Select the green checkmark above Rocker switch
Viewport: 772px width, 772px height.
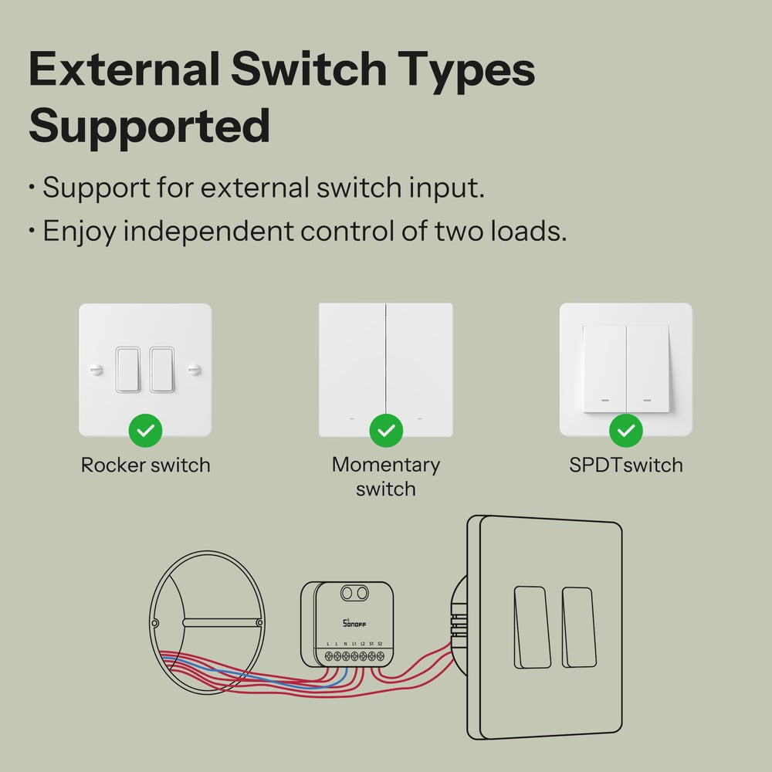point(144,431)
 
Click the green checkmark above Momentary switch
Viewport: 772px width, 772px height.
point(385,431)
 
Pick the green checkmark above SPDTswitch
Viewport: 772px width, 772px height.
point(626,431)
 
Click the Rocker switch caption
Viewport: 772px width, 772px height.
point(145,466)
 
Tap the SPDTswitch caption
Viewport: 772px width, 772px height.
point(626,466)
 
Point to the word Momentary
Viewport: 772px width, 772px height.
point(385,465)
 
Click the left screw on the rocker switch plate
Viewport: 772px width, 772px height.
point(96,370)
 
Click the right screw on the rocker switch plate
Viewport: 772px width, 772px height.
point(195,370)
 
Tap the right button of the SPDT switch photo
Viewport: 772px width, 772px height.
point(648,368)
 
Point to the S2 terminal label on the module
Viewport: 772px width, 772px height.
point(380,643)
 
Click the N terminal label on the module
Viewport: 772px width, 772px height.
point(345,643)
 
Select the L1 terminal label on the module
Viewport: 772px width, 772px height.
point(354,643)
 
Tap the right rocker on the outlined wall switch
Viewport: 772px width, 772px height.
point(577,627)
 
